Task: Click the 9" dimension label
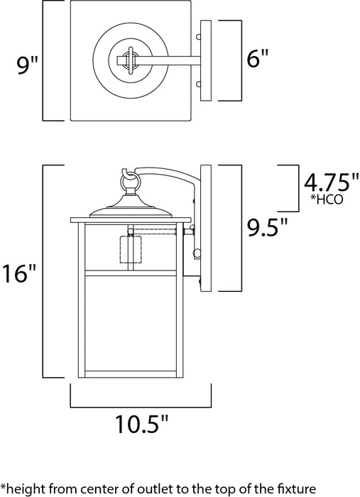[x=27, y=66]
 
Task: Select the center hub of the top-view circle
[x=129, y=60]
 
